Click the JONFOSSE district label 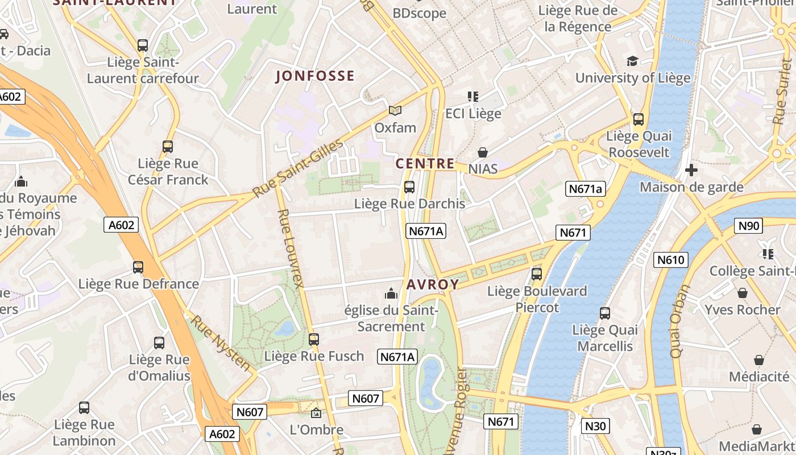coord(315,76)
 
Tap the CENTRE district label coord(425,164)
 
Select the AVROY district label coord(433,284)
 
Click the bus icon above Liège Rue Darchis coord(409,187)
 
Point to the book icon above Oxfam coord(395,110)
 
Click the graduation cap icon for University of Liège coord(632,61)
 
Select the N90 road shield coord(748,226)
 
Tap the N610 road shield coord(671,260)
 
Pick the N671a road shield coord(585,189)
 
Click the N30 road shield coord(595,425)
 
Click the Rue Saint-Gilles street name coord(298,168)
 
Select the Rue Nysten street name coord(220,342)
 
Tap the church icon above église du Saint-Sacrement coord(391,293)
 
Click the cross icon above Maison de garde coord(691,170)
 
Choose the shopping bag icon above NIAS coord(483,152)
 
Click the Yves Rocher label coord(742,309)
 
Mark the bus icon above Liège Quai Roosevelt coord(639,119)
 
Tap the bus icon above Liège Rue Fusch coord(314,340)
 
